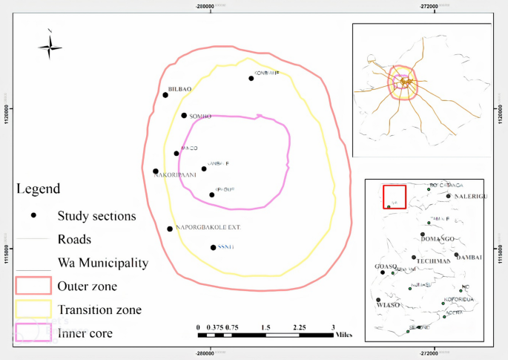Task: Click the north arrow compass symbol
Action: tap(50, 46)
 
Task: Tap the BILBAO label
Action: tap(180, 89)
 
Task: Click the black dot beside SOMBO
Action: tap(184, 115)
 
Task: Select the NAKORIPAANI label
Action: tap(175, 175)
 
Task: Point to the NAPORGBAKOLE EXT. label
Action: tap(208, 226)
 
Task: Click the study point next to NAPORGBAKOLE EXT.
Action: tap(170, 229)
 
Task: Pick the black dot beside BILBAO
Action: tap(165, 94)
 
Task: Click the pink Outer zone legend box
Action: tap(33, 285)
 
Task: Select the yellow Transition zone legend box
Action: tap(33, 309)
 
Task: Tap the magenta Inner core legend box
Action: tap(33, 333)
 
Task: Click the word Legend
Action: tap(38, 189)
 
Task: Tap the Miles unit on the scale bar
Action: tap(343, 334)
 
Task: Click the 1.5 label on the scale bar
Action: tap(265, 327)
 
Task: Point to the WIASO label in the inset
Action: tap(388, 305)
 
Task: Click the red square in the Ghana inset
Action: tap(394, 197)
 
